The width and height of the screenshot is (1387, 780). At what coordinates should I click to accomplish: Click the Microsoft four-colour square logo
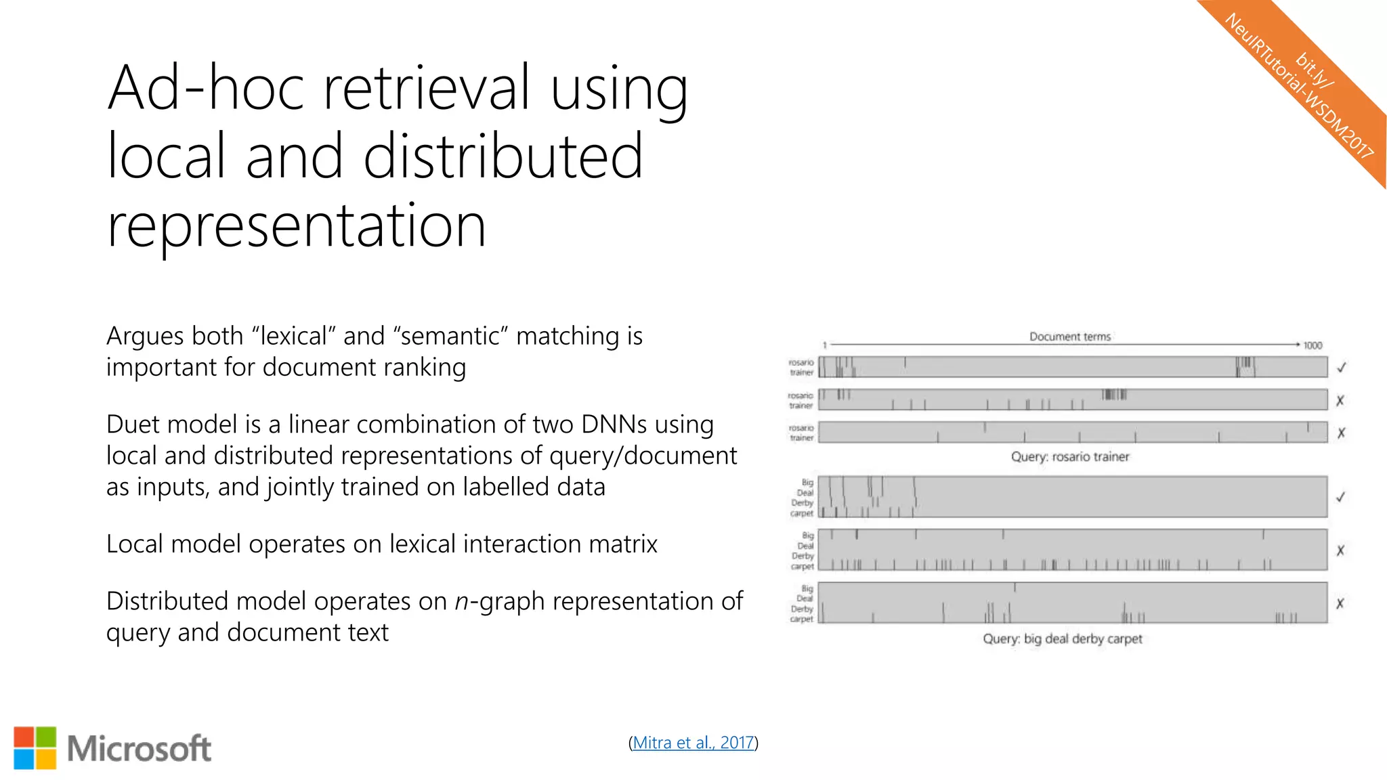tap(35, 748)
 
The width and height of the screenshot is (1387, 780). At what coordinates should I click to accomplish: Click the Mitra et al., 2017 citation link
tap(693, 743)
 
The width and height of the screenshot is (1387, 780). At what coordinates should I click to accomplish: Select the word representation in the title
tap(297, 225)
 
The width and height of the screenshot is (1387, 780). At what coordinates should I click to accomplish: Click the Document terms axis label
tap(1070, 337)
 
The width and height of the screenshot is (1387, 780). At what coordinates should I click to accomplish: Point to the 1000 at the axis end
tap(1313, 345)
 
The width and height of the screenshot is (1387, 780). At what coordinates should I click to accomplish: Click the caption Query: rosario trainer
tap(1070, 456)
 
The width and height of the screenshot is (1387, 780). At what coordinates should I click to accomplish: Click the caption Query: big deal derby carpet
tap(1062, 638)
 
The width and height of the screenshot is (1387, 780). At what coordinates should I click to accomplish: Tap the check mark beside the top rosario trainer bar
tap(1341, 368)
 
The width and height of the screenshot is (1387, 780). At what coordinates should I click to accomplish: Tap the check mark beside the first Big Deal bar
tap(1340, 497)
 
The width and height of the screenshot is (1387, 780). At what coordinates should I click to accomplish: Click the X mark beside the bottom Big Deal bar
tap(1340, 603)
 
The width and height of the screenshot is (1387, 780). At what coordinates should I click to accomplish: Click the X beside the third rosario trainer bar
tap(1341, 433)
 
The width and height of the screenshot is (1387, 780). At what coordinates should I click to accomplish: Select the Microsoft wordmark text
tap(140, 748)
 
